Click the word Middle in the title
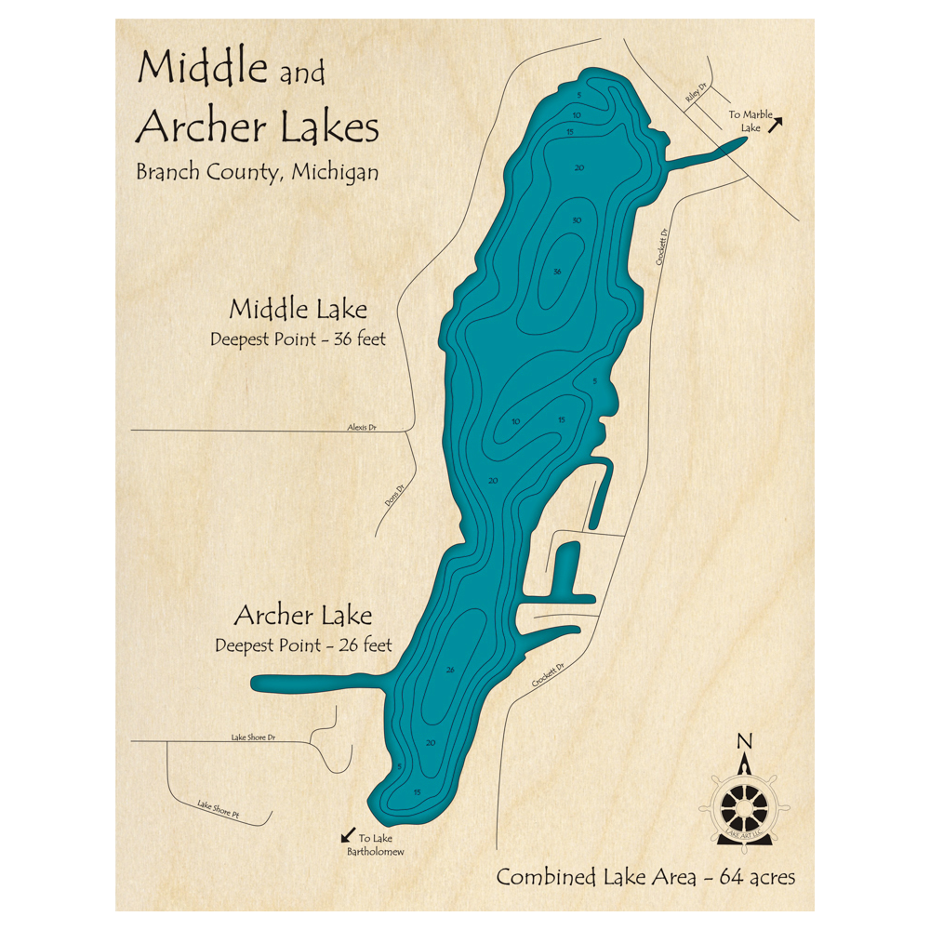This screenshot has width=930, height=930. pos(203,68)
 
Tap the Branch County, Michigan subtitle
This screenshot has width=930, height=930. pos(257,172)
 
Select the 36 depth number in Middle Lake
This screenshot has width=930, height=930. pos(557,272)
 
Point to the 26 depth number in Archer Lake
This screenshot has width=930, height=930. pos(451,670)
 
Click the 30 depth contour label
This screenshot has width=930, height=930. pos(577,220)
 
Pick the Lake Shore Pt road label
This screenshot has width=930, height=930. pos(219,811)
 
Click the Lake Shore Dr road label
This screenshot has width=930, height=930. pos(254,737)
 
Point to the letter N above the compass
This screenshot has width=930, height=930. pos(743,741)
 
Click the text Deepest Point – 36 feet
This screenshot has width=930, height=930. pos(298,339)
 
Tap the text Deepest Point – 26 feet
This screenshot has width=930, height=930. pos(303,644)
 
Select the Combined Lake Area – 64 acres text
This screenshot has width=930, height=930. pos(645,876)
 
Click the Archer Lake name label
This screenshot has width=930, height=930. pos(303,616)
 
